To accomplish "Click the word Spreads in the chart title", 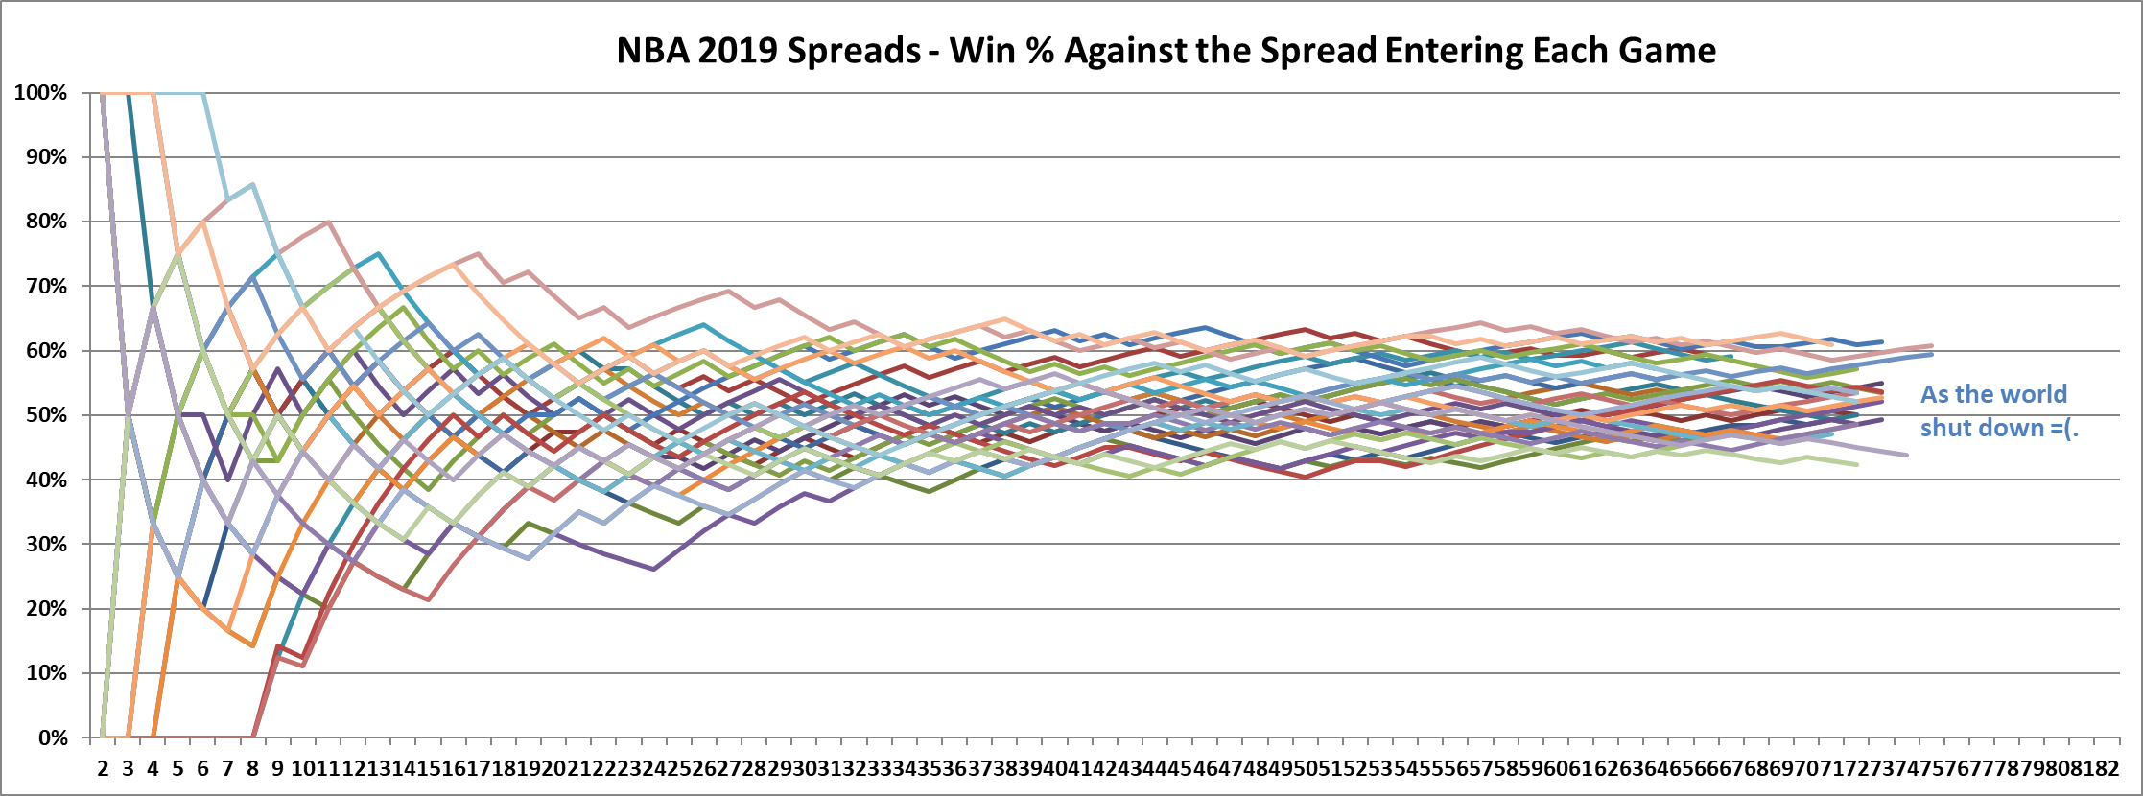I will pos(854,50).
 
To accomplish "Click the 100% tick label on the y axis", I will pos(40,93).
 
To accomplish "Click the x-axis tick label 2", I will pos(103,769).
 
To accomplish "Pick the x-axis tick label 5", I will pos(177,769).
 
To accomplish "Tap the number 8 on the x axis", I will pos(252,769).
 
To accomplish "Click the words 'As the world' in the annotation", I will pos(1993,394).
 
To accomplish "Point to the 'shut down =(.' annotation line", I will pos(1998,428).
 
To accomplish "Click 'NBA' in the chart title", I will pos(652,50).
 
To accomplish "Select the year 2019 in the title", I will pos(739,50).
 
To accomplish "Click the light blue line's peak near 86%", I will pos(252,184).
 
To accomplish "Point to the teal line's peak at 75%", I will pos(378,254).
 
